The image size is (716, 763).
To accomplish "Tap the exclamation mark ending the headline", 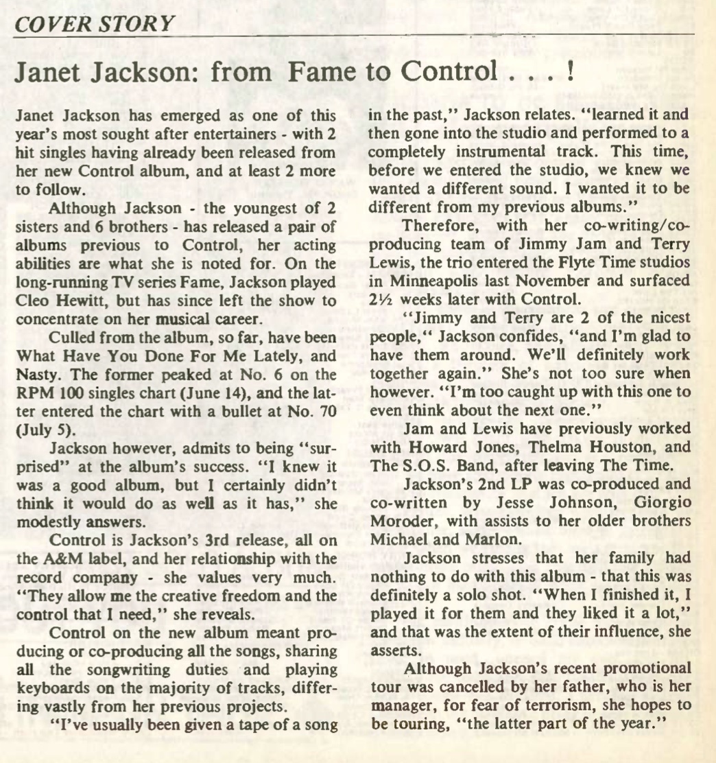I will [569, 71].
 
